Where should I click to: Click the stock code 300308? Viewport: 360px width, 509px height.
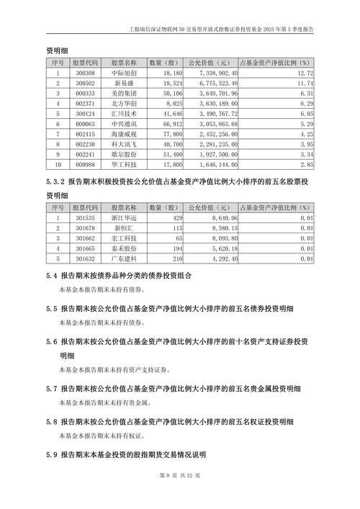point(85,73)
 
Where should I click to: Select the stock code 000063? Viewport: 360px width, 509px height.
point(85,124)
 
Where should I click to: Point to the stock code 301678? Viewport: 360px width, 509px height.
point(85,228)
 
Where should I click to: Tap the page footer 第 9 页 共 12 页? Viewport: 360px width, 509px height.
point(179,495)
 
